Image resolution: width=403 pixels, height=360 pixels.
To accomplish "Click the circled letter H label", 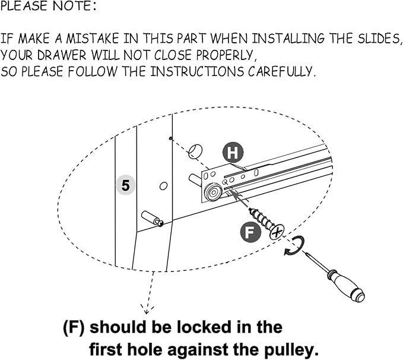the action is click(x=233, y=153).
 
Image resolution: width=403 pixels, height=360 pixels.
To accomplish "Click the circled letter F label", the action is click(x=250, y=232).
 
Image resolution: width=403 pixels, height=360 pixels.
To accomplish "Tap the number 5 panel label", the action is click(x=125, y=185).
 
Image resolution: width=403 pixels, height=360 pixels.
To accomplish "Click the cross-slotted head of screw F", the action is click(x=277, y=232).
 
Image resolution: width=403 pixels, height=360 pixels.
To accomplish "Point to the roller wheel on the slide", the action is click(x=213, y=192).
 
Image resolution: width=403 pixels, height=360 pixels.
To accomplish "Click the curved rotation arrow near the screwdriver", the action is click(x=296, y=247).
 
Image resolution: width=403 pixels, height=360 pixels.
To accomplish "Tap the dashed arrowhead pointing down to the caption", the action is click(x=147, y=309).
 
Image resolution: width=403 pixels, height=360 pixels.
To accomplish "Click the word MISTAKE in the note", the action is click(x=93, y=39).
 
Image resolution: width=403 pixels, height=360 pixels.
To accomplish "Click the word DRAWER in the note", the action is click(x=62, y=55).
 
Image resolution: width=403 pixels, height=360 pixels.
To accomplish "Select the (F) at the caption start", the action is click(x=74, y=327).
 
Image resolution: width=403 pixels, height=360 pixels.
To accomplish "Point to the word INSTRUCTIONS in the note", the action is click(x=197, y=71).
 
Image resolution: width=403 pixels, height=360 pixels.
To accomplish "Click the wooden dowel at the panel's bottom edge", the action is click(x=153, y=219).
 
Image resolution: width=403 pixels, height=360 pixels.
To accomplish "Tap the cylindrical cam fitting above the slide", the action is click(x=195, y=151).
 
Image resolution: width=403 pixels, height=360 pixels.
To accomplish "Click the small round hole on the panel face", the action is click(x=163, y=186).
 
